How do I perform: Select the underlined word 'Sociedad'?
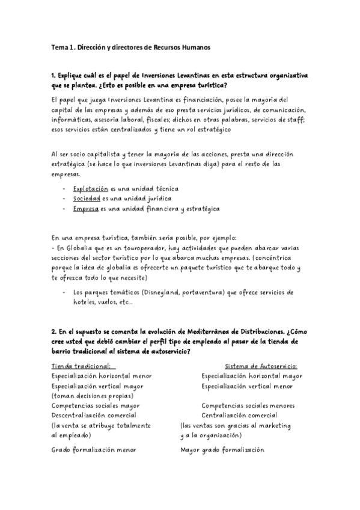[87, 198]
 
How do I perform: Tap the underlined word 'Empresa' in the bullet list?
[85, 209]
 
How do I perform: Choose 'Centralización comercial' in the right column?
[241, 415]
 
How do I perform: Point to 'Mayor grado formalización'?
[222, 449]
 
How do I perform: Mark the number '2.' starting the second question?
[54, 332]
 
